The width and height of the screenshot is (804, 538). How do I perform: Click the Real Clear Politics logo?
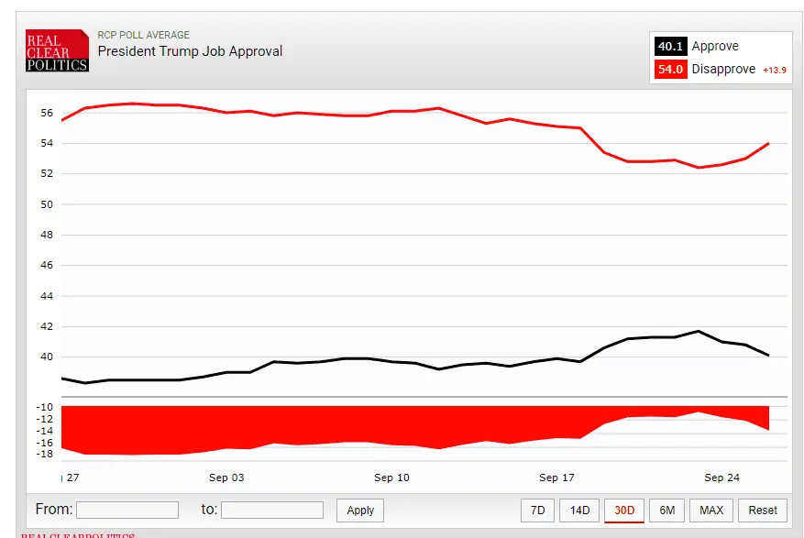[x=57, y=51]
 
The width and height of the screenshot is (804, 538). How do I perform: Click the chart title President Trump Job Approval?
[x=190, y=51]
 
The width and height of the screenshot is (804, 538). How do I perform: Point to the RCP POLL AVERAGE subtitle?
[x=143, y=36]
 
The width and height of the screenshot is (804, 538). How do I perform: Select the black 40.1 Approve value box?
[x=670, y=47]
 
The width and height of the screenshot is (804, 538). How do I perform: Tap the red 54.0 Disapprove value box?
[x=670, y=70]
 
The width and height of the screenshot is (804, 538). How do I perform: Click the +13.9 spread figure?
[x=775, y=71]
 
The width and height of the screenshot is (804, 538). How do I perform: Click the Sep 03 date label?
[x=226, y=478]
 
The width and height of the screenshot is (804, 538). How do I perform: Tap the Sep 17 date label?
[x=556, y=478]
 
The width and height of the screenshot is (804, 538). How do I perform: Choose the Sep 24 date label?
[x=721, y=478]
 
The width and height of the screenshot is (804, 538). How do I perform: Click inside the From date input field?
[x=127, y=511]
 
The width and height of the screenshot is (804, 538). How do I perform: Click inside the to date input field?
[x=272, y=511]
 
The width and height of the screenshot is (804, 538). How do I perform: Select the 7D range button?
[x=538, y=511]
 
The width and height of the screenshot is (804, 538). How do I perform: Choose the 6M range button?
[x=667, y=511]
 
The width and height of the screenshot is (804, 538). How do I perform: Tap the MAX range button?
[x=711, y=511]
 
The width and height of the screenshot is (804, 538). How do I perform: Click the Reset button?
[x=763, y=511]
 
